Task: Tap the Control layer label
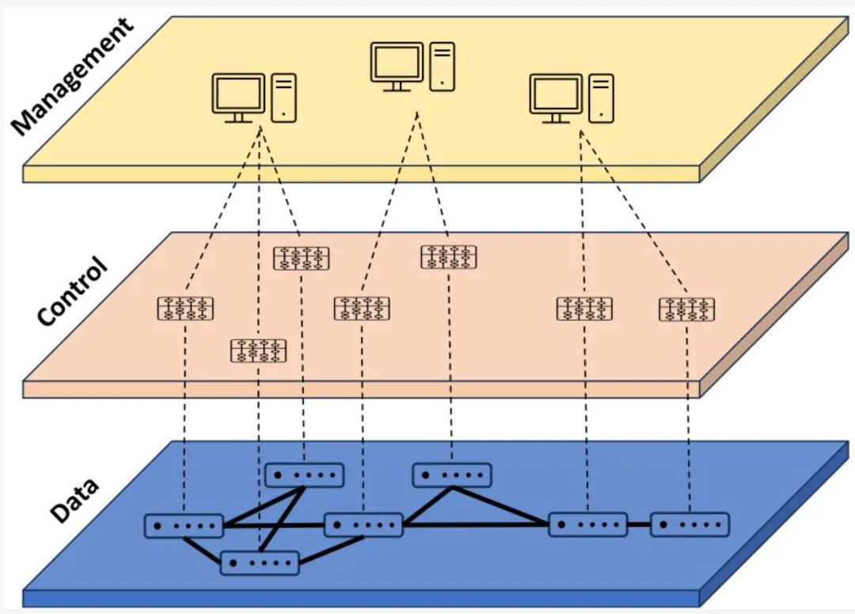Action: click(72, 292)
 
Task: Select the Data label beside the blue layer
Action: click(74, 500)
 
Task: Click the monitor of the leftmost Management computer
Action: click(237, 95)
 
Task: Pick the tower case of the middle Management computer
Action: click(443, 66)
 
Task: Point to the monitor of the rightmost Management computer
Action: click(555, 96)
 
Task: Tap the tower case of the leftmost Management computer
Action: click(283, 97)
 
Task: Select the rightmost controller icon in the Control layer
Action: click(686, 309)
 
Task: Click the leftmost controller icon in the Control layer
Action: click(185, 308)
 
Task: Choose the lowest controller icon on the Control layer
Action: click(258, 350)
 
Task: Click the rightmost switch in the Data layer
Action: click(690, 524)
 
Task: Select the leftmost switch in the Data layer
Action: click(184, 525)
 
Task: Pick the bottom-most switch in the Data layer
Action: click(260, 563)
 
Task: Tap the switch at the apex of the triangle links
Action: click(452, 475)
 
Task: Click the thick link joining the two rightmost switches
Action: click(639, 524)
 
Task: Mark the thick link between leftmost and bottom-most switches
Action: click(201, 550)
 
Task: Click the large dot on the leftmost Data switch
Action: click(158, 525)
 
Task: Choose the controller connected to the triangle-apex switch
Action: click(449, 257)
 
